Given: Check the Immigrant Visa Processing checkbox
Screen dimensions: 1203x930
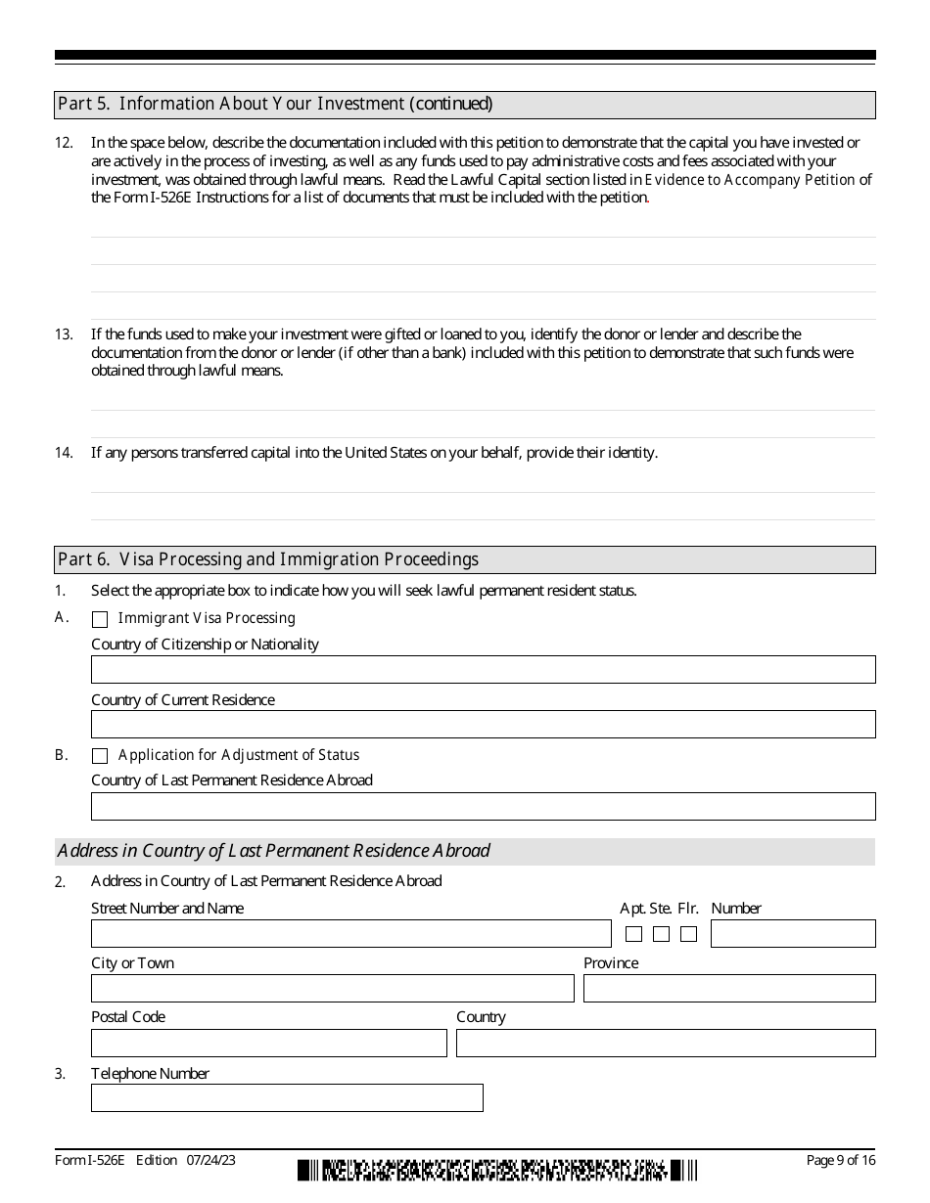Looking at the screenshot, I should coord(100,619).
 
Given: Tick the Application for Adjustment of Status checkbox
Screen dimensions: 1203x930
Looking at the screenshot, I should coord(100,756).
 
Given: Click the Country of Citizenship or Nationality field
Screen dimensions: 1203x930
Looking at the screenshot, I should coord(483,670).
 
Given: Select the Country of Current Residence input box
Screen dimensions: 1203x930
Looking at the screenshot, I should coord(483,725).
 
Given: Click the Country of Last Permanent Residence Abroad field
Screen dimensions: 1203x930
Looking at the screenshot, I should coord(483,807).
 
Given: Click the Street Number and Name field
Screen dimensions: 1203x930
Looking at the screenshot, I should coord(350,934).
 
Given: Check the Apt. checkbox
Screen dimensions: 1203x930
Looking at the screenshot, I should coord(633,934).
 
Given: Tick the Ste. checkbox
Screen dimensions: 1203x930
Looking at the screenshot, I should coord(661,934).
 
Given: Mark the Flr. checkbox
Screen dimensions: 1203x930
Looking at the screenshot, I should coord(688,934).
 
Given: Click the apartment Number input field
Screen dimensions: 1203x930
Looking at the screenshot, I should coord(793,934).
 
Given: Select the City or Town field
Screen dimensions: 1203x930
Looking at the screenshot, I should coord(332,989).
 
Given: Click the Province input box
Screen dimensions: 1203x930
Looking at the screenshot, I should coord(729,989).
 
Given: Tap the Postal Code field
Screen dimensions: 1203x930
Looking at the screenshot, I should coord(268,1044).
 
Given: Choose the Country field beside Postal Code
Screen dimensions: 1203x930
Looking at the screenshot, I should coord(666,1044).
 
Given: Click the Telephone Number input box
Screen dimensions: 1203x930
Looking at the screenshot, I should coord(287,1098).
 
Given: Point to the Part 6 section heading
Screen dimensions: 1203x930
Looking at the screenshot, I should coord(268,559).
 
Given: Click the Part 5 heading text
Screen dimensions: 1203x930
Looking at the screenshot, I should coord(275,104).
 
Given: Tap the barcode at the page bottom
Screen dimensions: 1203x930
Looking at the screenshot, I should coord(497,1170).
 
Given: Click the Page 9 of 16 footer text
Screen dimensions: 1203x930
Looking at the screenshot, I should coord(840,1161).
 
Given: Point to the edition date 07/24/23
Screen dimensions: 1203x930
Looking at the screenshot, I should coord(209,1161).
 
